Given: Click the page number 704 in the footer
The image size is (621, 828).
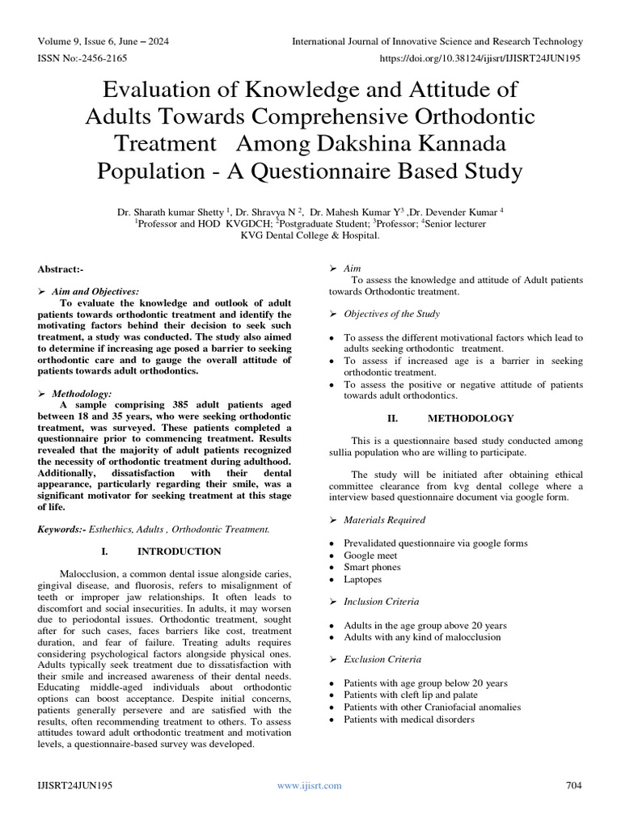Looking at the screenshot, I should point(573,785).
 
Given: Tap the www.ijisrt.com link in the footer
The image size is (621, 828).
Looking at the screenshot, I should point(310,785).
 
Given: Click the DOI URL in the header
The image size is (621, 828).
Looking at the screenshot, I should point(479,58).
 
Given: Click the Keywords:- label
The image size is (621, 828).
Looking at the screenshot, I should point(63,529).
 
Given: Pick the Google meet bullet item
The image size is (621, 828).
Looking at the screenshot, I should point(370,556).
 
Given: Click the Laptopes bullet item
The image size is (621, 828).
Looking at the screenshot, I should point(363,579).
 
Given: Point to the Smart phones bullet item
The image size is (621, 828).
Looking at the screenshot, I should point(372,568).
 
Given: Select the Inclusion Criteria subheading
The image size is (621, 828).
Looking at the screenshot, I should point(382,602).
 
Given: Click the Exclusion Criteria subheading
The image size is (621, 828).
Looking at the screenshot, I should point(382,659).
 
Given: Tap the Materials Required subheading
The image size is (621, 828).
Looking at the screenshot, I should point(384,519).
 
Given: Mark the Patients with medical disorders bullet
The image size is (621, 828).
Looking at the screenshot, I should point(409,719).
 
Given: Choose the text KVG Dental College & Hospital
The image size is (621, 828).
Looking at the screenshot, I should point(310,234).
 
